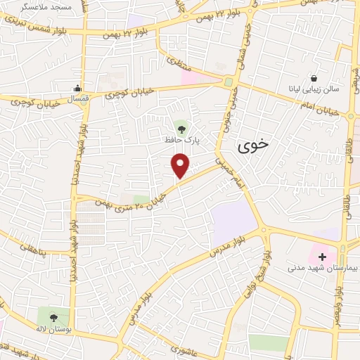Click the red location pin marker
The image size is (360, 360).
pyautogui.click(x=181, y=165)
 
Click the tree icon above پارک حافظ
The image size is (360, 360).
pyautogui.click(x=183, y=128)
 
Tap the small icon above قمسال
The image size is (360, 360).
pyautogui.click(x=77, y=89)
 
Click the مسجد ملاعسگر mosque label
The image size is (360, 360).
pyautogui.click(x=39, y=6)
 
